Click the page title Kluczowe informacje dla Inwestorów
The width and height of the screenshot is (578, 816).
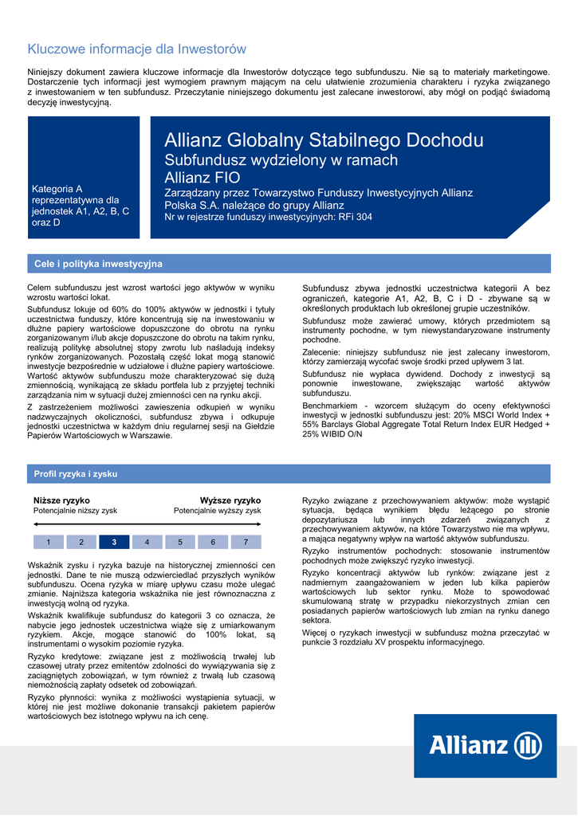tap(137, 49)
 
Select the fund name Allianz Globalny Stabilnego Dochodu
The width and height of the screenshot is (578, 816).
tap(324, 141)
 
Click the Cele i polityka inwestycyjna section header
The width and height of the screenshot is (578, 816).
tap(98, 264)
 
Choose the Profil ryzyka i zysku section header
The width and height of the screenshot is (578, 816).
tap(76, 474)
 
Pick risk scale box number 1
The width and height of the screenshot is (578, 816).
tap(49, 543)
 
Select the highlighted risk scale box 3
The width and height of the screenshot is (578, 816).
tap(114, 543)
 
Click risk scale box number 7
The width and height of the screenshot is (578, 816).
tap(245, 543)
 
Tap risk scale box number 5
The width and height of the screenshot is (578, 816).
tap(180, 543)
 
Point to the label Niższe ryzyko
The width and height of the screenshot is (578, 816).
tap(61, 500)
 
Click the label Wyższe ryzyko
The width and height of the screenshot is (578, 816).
tap(230, 500)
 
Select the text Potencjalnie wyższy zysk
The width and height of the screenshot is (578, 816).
tap(218, 511)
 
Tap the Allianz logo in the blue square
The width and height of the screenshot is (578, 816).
tap(485, 746)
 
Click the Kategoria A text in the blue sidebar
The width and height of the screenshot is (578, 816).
tap(57, 189)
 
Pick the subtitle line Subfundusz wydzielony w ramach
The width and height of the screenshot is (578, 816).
tap(281, 160)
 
